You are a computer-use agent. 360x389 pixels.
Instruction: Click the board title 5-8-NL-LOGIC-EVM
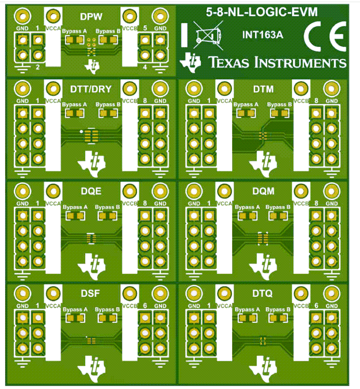(262, 12)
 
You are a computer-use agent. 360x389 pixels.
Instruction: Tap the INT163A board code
(262, 35)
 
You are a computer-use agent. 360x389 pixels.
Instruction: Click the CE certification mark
(325, 36)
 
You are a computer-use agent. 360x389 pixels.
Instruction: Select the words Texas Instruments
(277, 62)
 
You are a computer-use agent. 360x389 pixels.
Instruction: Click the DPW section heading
(91, 17)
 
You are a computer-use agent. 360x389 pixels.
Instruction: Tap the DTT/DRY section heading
(91, 89)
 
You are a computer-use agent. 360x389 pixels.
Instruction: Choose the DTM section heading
(263, 89)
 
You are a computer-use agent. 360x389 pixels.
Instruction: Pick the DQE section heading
(91, 191)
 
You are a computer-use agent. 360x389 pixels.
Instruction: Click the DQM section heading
(263, 191)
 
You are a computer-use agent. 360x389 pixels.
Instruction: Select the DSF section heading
(90, 293)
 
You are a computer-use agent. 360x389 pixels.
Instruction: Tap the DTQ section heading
(262, 293)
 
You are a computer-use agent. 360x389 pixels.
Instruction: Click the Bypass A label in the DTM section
(246, 105)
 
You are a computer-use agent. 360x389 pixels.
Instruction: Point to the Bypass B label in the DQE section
(107, 207)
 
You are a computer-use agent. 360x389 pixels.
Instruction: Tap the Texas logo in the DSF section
(92, 369)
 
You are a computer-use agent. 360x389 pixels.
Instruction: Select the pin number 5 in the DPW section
(145, 28)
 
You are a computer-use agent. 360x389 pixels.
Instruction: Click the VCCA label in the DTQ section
(225, 306)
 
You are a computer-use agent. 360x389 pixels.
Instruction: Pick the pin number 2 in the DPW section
(38, 67)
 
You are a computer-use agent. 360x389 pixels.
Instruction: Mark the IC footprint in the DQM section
(263, 238)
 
